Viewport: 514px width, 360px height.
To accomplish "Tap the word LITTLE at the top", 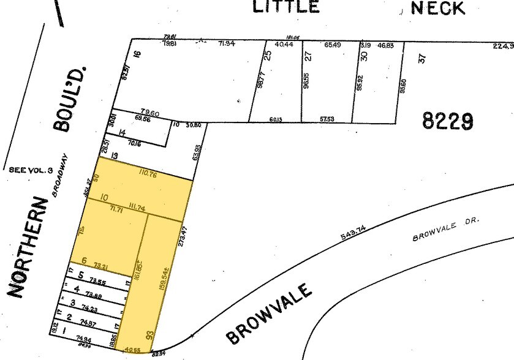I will (286, 7).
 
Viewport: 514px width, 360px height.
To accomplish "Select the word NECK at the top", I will (438, 7).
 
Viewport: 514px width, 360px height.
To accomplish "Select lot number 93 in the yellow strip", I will (149, 336).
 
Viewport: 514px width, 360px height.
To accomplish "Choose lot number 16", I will (137, 54).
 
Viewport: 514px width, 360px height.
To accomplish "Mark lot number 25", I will (267, 54).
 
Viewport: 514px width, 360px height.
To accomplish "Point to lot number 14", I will (122, 133).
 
